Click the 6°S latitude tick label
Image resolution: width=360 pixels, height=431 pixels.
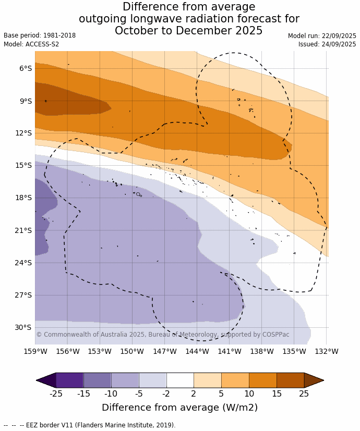click(x=26, y=68)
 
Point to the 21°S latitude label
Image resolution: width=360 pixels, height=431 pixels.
click(x=24, y=230)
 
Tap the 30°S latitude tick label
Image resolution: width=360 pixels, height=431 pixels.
click(x=24, y=327)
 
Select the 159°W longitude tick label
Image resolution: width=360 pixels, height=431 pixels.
click(x=35, y=351)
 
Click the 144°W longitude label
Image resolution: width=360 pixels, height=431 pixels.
click(x=197, y=351)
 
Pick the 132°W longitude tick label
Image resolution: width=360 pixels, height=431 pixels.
click(x=327, y=351)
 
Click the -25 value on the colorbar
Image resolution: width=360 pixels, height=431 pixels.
click(x=56, y=393)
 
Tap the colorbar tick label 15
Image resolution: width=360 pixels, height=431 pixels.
click(x=277, y=393)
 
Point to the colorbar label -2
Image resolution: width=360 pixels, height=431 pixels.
click(x=166, y=393)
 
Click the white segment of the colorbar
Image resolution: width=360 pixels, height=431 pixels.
click(x=180, y=380)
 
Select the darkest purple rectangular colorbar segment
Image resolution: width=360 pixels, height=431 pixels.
click(x=69, y=380)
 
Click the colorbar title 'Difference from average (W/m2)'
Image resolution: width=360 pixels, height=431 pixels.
click(x=179, y=408)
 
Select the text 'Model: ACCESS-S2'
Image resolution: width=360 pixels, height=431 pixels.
click(x=31, y=44)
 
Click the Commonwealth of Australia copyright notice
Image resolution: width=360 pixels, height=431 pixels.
click(x=162, y=335)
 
